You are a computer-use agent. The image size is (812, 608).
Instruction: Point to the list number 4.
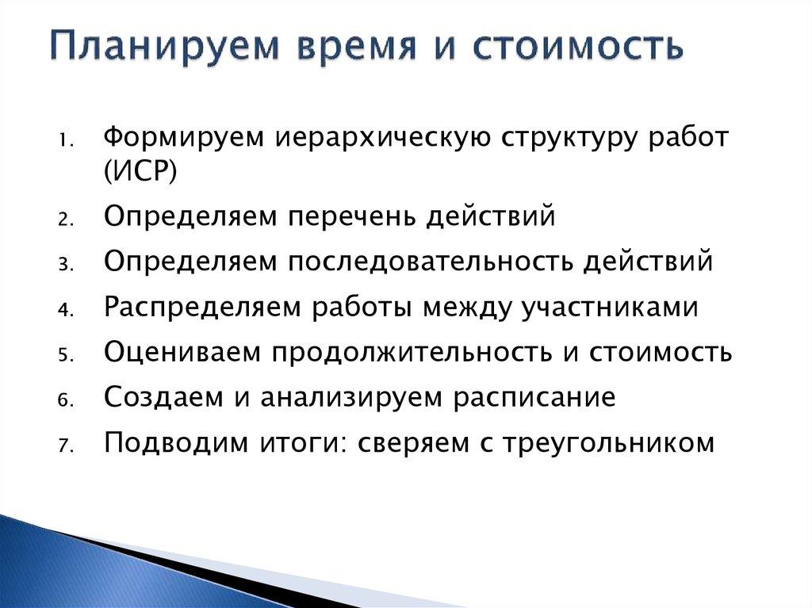click(x=64, y=311)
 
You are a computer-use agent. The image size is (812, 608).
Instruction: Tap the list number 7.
click(x=64, y=446)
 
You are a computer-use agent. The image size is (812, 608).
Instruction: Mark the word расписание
click(x=534, y=396)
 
